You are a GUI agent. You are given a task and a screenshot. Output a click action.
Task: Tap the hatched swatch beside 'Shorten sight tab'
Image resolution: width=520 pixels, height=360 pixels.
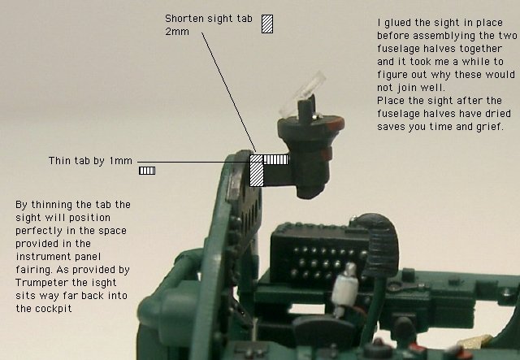(267, 24)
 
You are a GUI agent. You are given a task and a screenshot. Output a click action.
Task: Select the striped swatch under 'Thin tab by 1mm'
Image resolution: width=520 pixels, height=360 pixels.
(147, 171)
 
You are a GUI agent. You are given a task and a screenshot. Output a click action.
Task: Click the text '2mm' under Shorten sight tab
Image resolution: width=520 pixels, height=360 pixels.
(177, 32)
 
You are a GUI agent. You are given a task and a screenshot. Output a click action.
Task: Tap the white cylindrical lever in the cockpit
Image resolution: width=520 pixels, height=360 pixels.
(344, 288)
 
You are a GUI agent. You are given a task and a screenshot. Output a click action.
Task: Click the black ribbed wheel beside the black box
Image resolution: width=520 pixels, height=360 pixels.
(381, 245)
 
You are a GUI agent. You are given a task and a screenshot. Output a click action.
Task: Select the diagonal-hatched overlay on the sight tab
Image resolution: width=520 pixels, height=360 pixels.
(256, 170)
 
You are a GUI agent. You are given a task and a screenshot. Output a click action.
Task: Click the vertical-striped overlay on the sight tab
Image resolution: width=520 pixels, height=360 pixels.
(275, 159)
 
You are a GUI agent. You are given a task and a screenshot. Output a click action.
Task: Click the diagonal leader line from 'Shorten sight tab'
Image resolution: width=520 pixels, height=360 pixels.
(228, 92)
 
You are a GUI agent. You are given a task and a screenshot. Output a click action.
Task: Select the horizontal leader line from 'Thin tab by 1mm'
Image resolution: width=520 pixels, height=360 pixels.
(193, 162)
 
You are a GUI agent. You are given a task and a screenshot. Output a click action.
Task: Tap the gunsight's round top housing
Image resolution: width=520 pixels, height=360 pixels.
(310, 124)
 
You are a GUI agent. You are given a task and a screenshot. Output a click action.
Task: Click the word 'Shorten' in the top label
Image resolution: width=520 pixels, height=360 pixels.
(184, 19)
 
